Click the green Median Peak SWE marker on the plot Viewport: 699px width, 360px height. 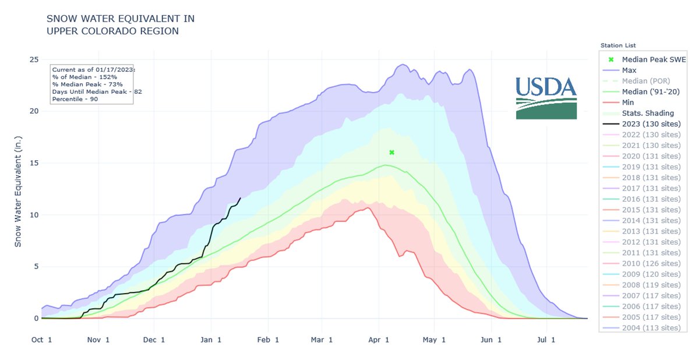coord(392,153)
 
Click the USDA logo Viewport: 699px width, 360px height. coord(546,98)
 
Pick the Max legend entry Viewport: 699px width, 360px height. coord(629,70)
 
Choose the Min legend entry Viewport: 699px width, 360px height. coord(629,103)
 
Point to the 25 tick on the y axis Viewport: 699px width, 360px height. coord(34,59)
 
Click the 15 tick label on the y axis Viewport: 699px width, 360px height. coord(34,163)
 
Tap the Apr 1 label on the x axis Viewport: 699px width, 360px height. coord(379,340)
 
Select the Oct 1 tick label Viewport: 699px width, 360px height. coord(42,340)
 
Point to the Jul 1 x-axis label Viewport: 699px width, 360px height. coord(546,340)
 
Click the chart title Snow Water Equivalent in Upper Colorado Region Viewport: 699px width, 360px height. coord(121,25)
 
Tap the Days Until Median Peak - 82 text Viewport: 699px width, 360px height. coord(97,91)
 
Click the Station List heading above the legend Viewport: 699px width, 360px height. coord(617,45)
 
